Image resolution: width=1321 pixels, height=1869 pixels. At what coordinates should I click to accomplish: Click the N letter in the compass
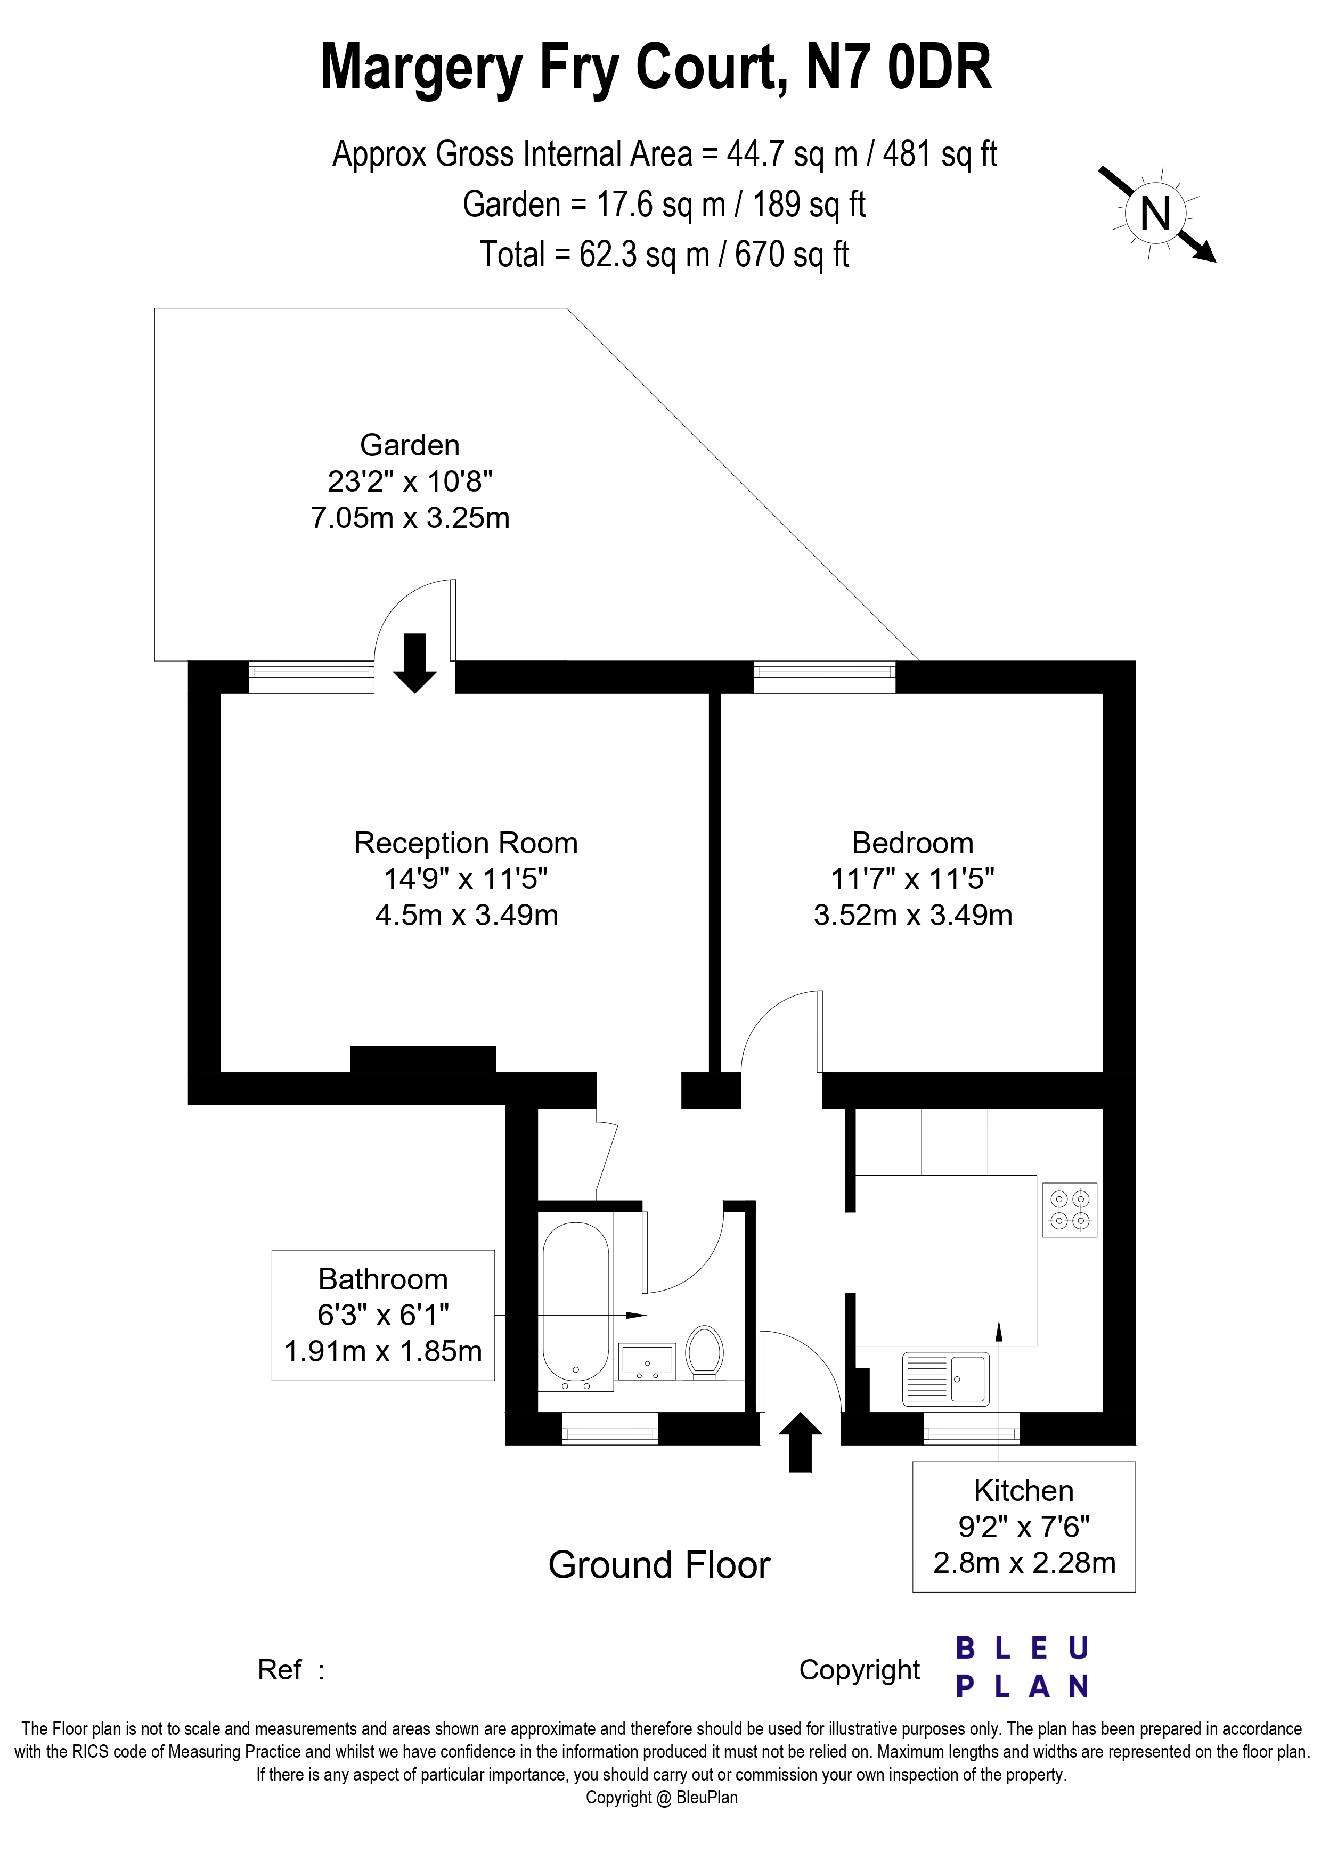[x=1155, y=214]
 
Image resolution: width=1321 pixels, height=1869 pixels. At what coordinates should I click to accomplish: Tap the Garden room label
[x=410, y=445]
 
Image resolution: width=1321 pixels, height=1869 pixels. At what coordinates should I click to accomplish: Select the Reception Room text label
[x=466, y=843]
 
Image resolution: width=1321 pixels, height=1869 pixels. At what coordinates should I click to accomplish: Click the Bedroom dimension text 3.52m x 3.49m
[x=912, y=915]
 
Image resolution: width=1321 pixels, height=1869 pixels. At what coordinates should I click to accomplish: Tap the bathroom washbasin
[x=647, y=1359]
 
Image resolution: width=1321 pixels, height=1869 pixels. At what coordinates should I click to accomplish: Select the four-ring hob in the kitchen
[x=1070, y=1209]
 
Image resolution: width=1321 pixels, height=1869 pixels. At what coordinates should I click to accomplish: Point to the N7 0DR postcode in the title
[x=899, y=68]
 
